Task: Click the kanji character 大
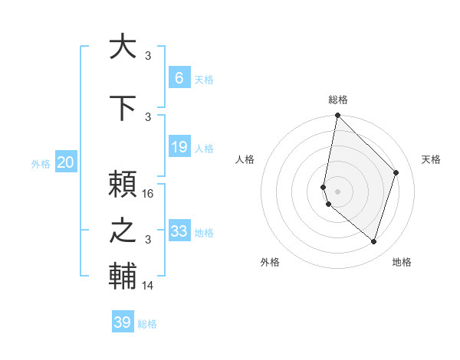coord(123,47)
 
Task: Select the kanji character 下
coord(123,109)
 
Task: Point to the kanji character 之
coord(123,231)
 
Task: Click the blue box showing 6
coord(179,78)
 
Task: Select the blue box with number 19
coord(179,147)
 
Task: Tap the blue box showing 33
coord(179,231)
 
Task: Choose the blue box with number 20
coord(66,162)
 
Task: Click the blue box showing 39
coord(123,322)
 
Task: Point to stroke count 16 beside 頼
coord(148,194)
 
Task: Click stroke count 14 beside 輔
coord(148,286)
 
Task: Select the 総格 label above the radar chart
coord(338,100)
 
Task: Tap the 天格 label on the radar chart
coord(431,159)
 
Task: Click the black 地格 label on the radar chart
coord(402,262)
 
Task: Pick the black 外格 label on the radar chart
coord(270,262)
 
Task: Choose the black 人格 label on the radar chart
coord(245,159)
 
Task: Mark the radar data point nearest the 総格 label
coord(338,116)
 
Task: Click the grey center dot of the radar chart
coord(338,191)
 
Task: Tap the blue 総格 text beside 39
coord(147,324)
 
